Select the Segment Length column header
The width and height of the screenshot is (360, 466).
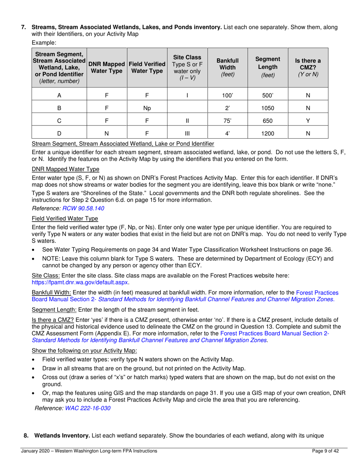point(268,67)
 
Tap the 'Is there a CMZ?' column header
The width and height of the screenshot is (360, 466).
point(308,67)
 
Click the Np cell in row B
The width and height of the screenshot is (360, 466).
point(147,108)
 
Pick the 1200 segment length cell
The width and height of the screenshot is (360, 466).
point(268,133)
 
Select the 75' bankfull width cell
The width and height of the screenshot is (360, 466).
point(227,121)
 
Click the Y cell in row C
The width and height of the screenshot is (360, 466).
point(308,121)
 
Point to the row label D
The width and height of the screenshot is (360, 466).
point(59,133)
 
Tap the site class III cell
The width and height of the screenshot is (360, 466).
point(187,133)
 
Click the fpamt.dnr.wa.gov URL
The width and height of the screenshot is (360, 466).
point(80,282)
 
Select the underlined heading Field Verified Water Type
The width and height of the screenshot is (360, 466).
point(65,219)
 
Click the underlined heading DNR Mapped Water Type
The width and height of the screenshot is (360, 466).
point(65,169)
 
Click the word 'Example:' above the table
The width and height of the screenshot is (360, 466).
point(44,43)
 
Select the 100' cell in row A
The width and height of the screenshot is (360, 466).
point(227,96)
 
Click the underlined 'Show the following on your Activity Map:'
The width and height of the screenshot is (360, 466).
point(85,350)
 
